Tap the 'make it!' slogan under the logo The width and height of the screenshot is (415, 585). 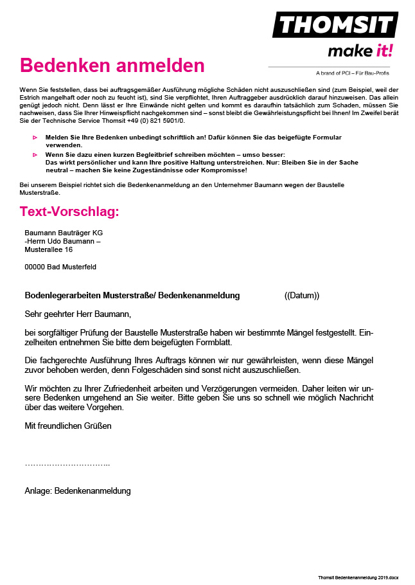point(360,51)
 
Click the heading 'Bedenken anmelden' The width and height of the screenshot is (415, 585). point(112,66)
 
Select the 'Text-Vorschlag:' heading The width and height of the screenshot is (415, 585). point(69,212)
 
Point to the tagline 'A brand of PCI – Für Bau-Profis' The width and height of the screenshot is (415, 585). point(352,73)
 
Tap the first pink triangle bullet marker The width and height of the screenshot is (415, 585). point(35,138)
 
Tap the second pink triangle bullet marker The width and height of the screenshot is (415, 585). point(35,155)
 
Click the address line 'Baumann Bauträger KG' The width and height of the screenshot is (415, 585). point(64,233)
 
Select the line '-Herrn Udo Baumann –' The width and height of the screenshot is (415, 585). point(62,241)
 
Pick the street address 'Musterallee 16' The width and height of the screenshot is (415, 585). point(48,249)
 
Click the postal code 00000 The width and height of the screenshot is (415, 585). point(35,267)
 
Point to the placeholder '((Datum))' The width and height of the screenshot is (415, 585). point(301,296)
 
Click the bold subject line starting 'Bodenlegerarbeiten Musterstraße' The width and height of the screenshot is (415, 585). point(132,296)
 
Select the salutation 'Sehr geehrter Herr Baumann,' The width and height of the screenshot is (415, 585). point(78,314)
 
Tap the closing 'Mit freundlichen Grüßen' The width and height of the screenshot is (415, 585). point(68,426)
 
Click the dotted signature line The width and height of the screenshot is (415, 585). point(67,464)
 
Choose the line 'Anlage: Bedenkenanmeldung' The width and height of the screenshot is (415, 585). point(78,491)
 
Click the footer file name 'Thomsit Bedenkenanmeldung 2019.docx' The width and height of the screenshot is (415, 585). point(358,578)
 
